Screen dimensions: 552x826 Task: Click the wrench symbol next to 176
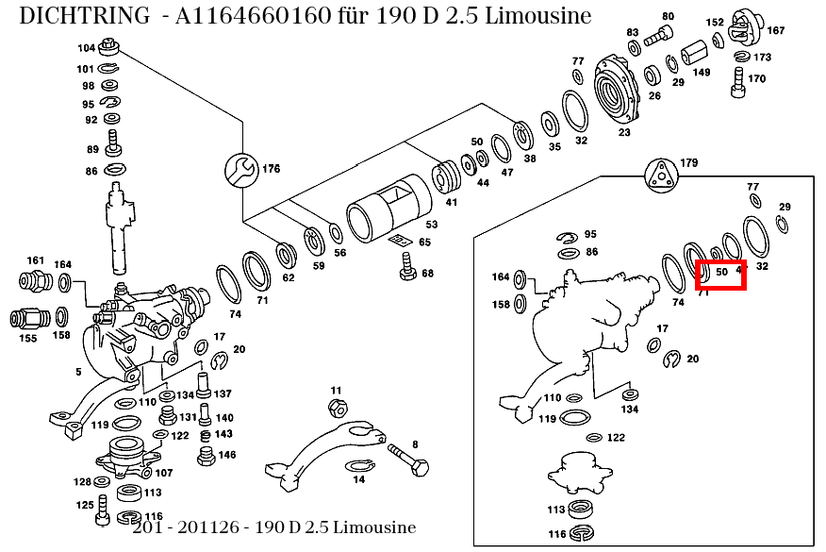[x=240, y=170]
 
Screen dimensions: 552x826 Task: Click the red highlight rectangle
[x=721, y=275]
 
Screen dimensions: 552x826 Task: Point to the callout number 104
[x=86, y=47]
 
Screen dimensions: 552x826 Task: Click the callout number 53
[x=432, y=225]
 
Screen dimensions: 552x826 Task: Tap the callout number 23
[x=624, y=132]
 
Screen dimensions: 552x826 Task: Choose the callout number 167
[x=775, y=30]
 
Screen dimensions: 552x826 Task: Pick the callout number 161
[x=35, y=259]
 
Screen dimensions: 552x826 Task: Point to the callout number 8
[x=415, y=443]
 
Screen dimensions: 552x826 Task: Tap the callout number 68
[x=427, y=273]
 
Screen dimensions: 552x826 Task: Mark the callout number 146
[x=227, y=455]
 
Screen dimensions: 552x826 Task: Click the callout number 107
[x=164, y=473]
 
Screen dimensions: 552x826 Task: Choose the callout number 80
[x=668, y=16]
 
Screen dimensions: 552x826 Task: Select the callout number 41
[x=452, y=202]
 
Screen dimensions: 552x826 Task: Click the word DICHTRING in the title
[x=84, y=16]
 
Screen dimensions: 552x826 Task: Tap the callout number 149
[x=702, y=71]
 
